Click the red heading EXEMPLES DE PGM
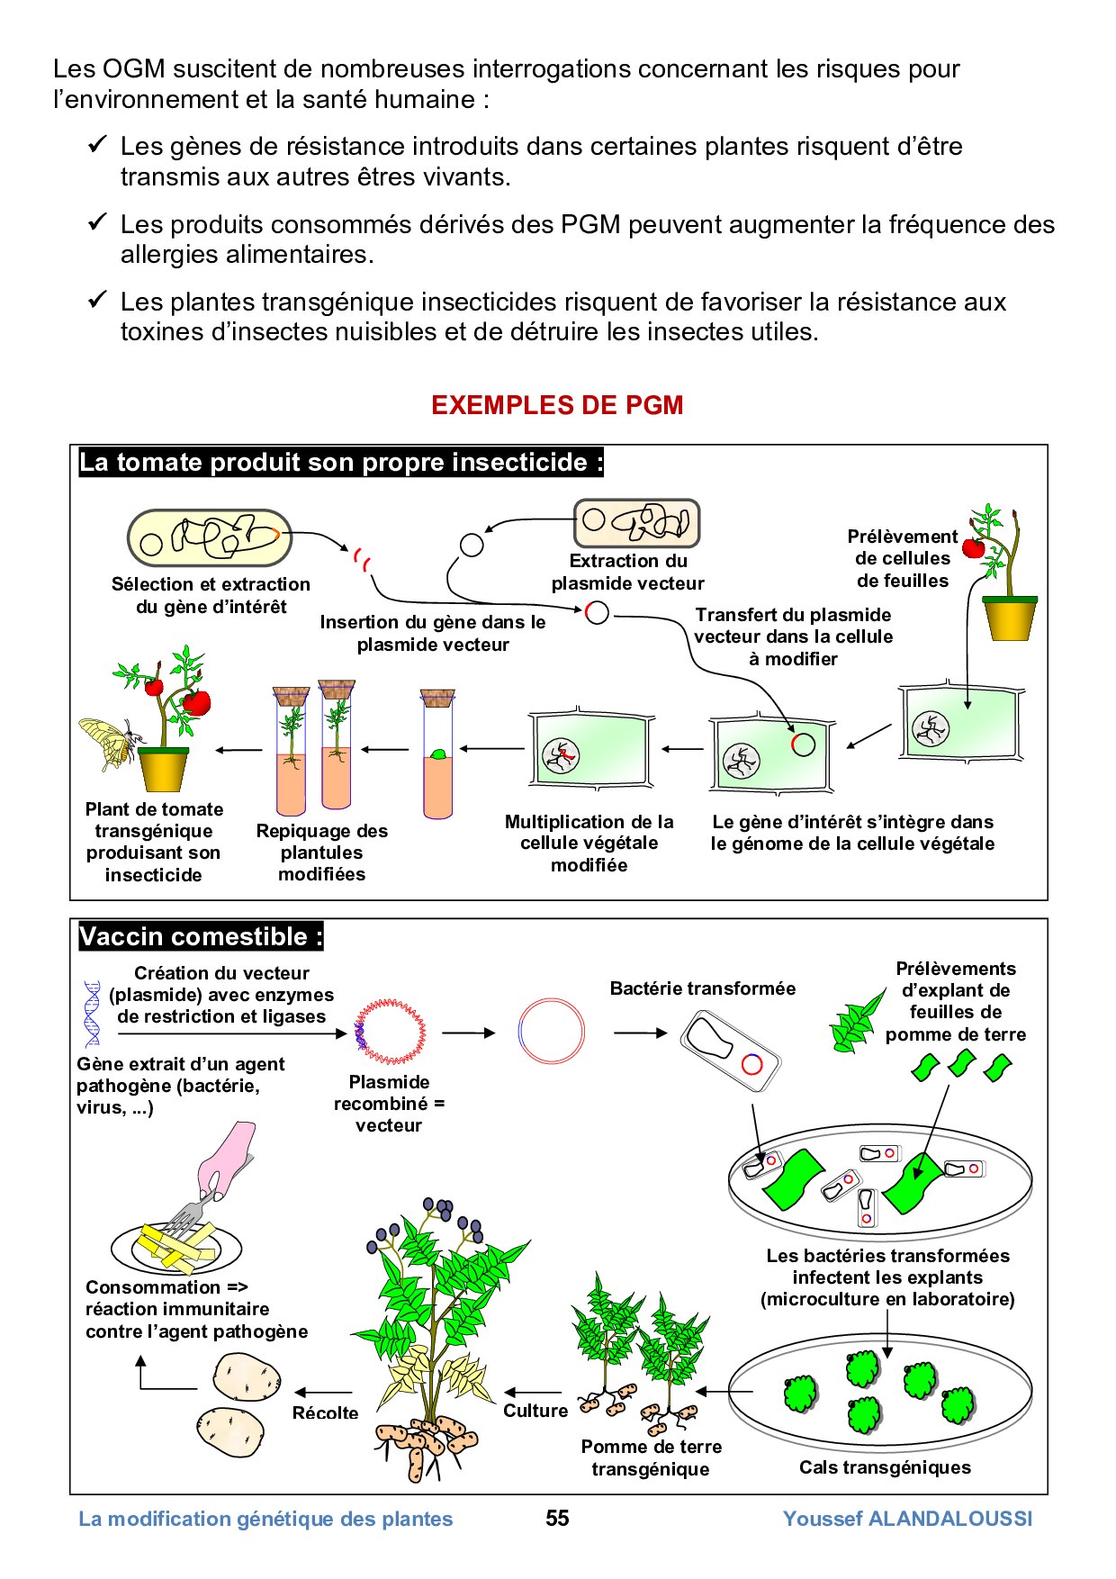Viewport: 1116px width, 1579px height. point(557,405)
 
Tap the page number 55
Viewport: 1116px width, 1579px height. point(557,1519)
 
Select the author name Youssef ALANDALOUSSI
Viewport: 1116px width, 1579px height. point(907,1519)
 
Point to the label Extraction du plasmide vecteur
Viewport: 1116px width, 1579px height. point(627,572)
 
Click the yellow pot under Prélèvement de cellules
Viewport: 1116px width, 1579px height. point(1010,618)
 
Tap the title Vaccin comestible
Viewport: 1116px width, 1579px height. point(201,936)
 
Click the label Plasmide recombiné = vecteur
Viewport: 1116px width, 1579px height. point(389,1104)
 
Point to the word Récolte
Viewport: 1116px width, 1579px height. point(325,1412)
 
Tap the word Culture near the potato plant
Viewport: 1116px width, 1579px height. point(535,1411)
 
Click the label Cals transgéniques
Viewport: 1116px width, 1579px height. point(885,1467)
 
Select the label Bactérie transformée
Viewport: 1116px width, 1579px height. point(702,988)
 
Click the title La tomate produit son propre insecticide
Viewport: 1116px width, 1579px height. point(341,463)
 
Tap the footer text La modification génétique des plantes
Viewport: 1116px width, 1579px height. point(265,1519)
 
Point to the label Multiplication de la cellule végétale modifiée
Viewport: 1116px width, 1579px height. point(589,843)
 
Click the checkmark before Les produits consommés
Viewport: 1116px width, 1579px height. point(97,221)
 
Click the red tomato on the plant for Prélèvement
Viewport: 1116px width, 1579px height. point(973,547)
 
